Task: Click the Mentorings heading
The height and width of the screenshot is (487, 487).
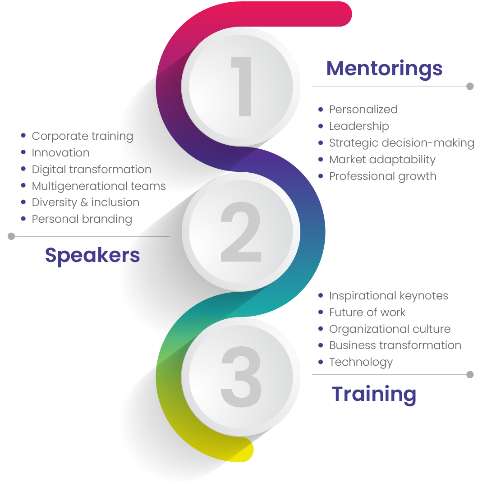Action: (x=384, y=69)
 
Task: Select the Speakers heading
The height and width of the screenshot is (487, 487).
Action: (x=92, y=256)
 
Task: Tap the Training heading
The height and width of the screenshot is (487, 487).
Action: (x=374, y=395)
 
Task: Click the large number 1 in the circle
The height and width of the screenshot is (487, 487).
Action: (x=242, y=87)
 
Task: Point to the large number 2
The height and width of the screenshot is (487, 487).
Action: (x=241, y=232)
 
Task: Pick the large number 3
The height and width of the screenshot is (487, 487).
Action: (x=241, y=377)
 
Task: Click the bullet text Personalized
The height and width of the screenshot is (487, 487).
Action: (x=363, y=110)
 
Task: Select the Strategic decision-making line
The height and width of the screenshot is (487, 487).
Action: (x=402, y=143)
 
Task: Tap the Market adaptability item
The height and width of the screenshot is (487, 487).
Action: (x=382, y=160)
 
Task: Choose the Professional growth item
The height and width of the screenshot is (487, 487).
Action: (x=383, y=176)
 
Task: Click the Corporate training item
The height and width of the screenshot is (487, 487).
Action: (x=83, y=136)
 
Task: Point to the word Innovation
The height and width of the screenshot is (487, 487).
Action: (x=60, y=153)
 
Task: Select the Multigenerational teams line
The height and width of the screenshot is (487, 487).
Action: (x=99, y=186)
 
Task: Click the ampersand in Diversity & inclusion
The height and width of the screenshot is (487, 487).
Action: (x=84, y=202)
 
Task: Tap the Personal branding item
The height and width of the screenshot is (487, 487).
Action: (x=82, y=219)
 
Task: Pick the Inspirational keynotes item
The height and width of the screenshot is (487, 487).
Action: (x=389, y=296)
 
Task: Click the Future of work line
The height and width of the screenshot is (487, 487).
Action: (x=367, y=312)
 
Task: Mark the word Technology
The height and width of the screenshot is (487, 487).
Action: (x=361, y=362)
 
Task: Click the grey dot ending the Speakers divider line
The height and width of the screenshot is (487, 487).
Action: (x=11, y=236)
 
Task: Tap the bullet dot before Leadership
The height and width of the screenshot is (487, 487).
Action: (x=321, y=126)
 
